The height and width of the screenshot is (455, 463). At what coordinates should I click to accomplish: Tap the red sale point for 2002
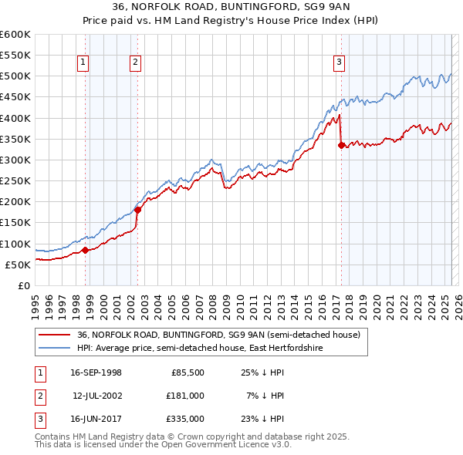[x=137, y=209]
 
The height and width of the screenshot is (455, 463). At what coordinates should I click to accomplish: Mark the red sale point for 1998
[x=85, y=249]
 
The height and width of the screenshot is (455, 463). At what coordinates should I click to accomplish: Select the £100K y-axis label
[x=15, y=244]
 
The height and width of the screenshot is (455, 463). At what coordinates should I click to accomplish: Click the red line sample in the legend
[x=56, y=335]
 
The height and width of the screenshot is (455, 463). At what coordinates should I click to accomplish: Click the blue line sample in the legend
[x=56, y=348]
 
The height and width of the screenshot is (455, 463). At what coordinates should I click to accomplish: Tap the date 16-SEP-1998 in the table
[x=96, y=372]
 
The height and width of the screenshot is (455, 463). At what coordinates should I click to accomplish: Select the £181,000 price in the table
[x=184, y=396]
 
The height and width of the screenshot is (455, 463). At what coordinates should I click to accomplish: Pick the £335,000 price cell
[x=184, y=419]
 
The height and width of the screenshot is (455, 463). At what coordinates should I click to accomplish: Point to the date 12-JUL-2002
[x=96, y=396]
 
